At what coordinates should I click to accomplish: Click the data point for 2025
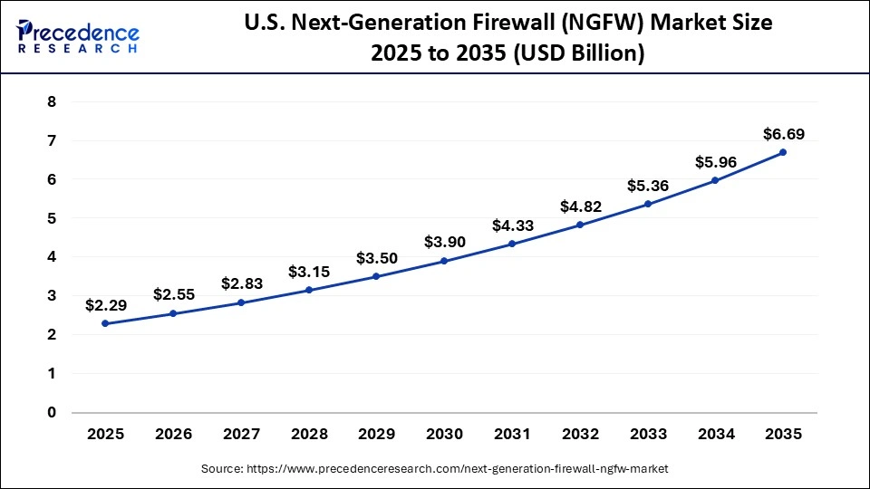click(106, 323)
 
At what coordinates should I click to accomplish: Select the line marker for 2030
click(444, 261)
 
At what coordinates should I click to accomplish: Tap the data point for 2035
click(783, 152)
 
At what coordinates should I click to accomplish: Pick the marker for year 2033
click(648, 204)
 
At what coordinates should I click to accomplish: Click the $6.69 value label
click(783, 134)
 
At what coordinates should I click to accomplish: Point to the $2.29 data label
click(106, 305)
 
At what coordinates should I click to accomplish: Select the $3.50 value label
click(377, 258)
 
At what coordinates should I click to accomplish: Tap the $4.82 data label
click(580, 206)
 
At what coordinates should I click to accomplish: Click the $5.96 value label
click(716, 163)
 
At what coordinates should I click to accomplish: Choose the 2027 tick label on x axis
click(241, 434)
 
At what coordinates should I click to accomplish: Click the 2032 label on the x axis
click(580, 434)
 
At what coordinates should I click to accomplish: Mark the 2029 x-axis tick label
click(377, 434)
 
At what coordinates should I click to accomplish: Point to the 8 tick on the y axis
click(52, 102)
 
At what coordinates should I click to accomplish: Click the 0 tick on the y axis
click(52, 412)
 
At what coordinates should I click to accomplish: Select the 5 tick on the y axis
click(52, 218)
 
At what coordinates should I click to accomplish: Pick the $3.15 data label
click(309, 272)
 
